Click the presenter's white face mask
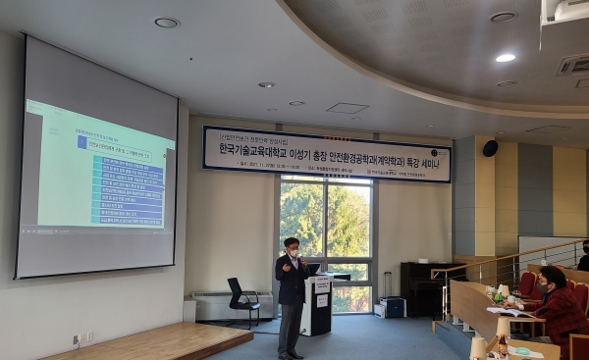click(x=293, y=253)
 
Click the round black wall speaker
click(x=489, y=148)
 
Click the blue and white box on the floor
click(x=392, y=307)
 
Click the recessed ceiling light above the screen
click(x=166, y=23)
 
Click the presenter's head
click(x=292, y=246)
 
